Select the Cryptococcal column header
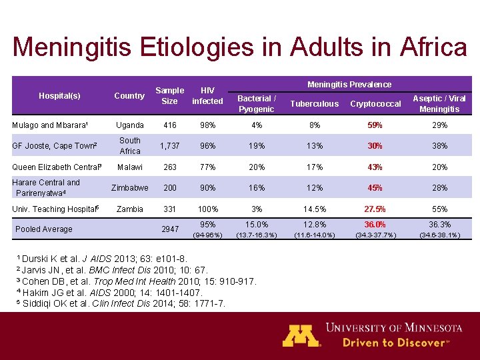[375, 104]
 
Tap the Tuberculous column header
[314, 104]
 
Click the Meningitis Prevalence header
[349, 85]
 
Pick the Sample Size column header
[169, 95]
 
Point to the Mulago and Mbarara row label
[50, 125]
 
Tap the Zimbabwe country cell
[129, 188]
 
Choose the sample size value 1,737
[169, 146]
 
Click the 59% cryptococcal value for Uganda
[375, 125]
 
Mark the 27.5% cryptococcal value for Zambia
[375, 209]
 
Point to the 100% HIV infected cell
[207, 209]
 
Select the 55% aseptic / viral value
[439, 209]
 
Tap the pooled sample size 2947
[170, 229]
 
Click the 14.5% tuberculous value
[314, 209]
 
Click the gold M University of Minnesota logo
[301, 335]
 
